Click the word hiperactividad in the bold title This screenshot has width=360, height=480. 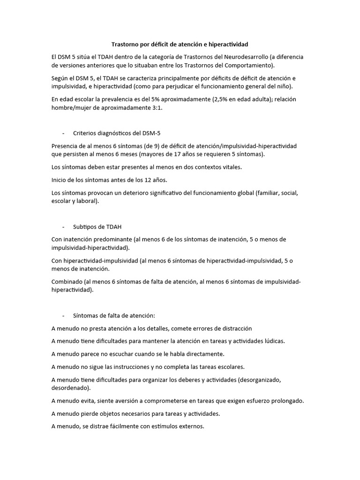click(226, 44)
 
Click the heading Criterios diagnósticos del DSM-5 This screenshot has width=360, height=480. click(117, 133)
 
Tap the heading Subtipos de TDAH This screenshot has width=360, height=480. click(97, 227)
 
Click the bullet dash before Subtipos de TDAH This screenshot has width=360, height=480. click(63, 227)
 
